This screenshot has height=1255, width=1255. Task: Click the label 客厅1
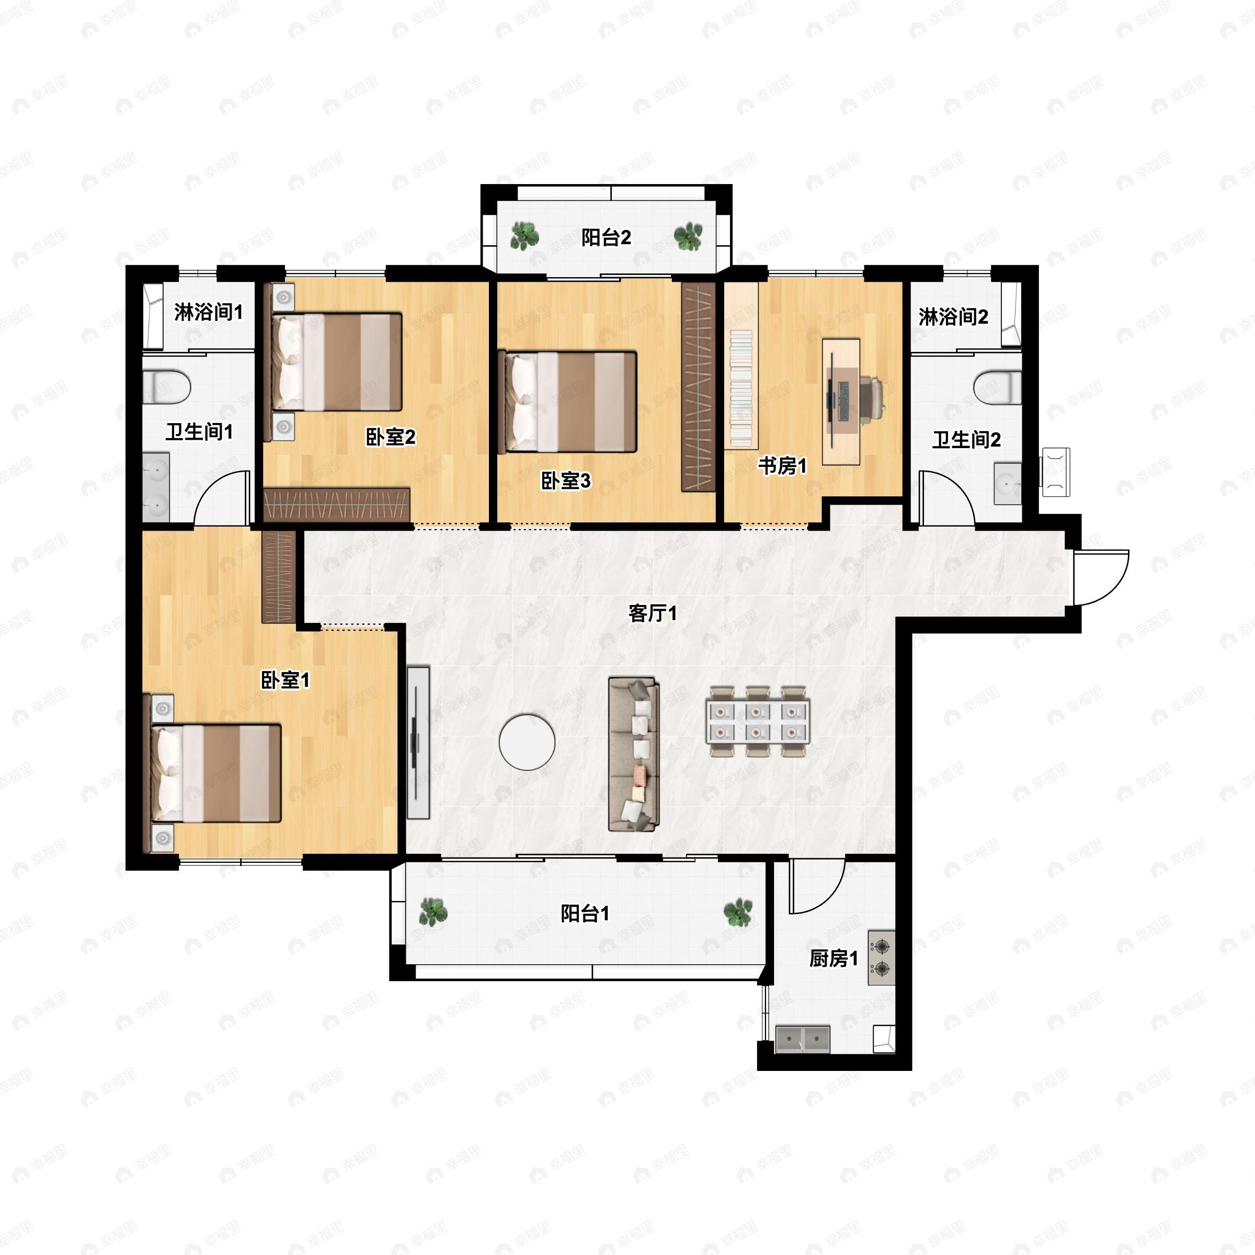coord(653,613)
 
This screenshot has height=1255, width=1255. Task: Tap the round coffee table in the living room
coord(527,743)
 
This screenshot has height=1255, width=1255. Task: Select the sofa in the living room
coord(633,754)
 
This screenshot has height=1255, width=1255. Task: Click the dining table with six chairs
coord(757,721)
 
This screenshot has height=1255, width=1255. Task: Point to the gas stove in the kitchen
coord(882,958)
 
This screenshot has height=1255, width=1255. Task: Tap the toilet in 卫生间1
coord(166,386)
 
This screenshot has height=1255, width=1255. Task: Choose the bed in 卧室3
coord(566,402)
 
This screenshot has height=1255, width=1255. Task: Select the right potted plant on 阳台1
coord(738,912)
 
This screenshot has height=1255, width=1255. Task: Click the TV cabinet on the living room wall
coord(418,742)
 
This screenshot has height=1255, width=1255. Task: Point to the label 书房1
coord(782,466)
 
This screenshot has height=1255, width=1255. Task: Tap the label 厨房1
coord(834,958)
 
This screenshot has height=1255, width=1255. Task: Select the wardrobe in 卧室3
coord(698,386)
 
